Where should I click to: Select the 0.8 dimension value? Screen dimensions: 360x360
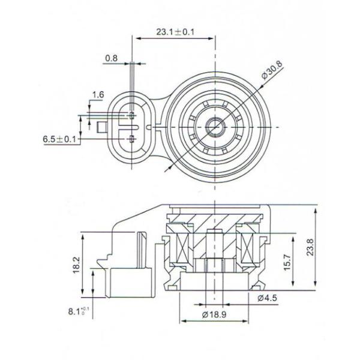(x=111, y=58)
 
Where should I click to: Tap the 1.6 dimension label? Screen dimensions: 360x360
(x=98, y=95)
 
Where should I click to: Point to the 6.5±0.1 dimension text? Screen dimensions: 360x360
(x=59, y=139)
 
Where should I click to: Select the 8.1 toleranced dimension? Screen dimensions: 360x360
(x=76, y=312)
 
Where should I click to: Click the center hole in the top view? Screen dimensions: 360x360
(x=214, y=126)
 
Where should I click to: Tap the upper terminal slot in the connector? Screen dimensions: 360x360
(x=131, y=114)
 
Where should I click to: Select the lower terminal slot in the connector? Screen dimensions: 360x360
(x=131, y=140)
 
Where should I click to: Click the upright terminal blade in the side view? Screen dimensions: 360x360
(x=141, y=252)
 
